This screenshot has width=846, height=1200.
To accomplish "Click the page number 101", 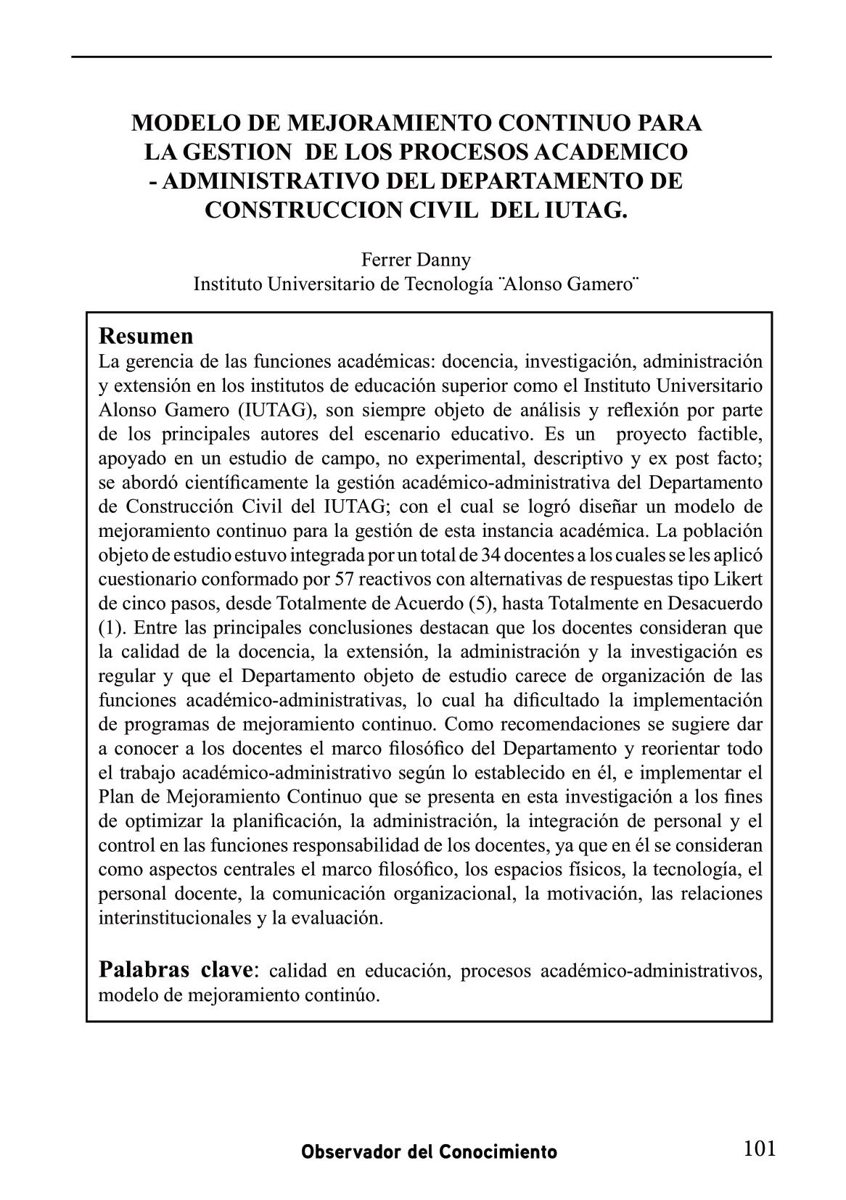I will [760, 1148].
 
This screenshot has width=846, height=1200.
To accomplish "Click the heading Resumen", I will [146, 337].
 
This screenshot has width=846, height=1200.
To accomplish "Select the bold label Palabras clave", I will [175, 969].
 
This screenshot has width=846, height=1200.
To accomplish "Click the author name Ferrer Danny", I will [416, 260].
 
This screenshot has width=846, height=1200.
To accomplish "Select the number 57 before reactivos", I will [343, 579].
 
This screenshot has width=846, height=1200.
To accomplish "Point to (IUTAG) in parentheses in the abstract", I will [274, 410].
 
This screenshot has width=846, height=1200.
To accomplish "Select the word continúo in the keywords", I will [345, 995].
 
